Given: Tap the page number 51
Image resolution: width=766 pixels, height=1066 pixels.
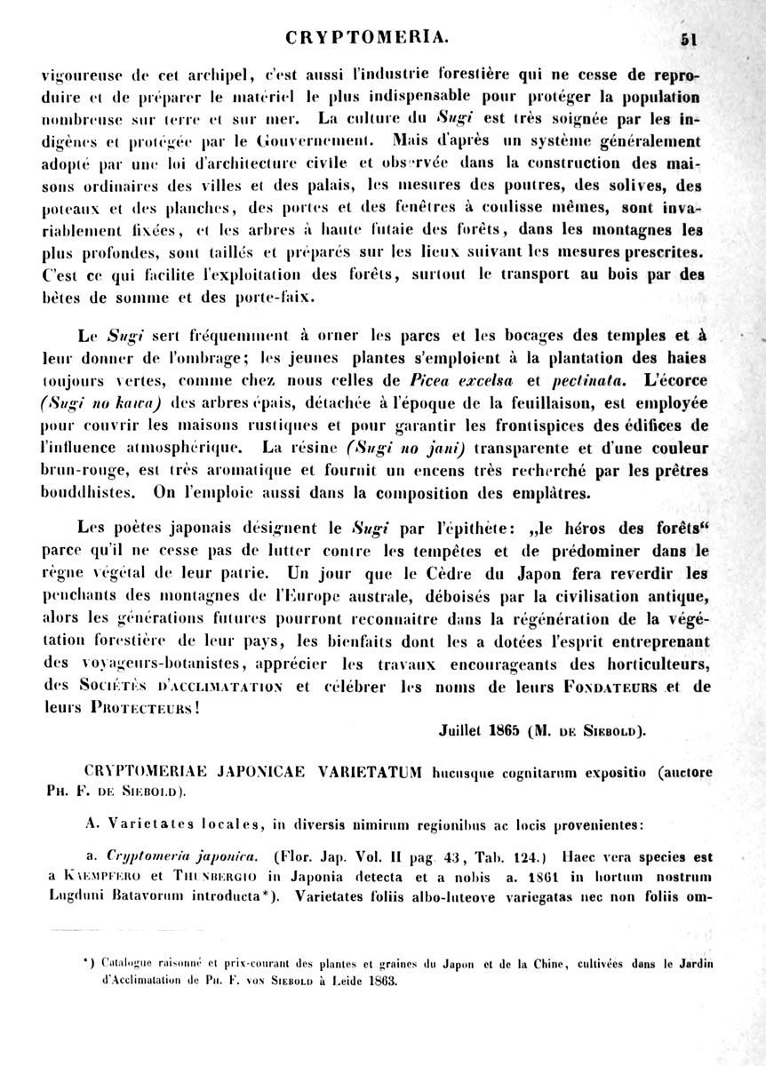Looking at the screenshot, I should [x=692, y=38].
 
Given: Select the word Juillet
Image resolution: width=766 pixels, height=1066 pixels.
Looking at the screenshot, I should [x=460, y=732].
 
